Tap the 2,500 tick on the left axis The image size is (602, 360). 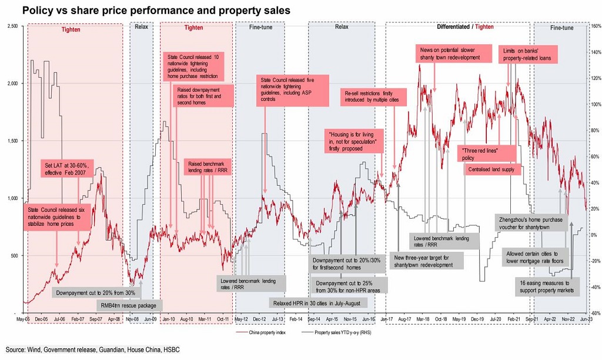click(x=13, y=25)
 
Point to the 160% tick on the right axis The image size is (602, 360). click(x=594, y=26)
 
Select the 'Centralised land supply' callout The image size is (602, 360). click(x=491, y=169)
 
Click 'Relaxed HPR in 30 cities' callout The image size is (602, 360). click(x=319, y=303)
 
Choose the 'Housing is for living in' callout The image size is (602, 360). click(x=354, y=142)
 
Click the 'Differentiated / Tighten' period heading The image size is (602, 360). click(x=466, y=27)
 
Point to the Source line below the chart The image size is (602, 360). click(x=92, y=350)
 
